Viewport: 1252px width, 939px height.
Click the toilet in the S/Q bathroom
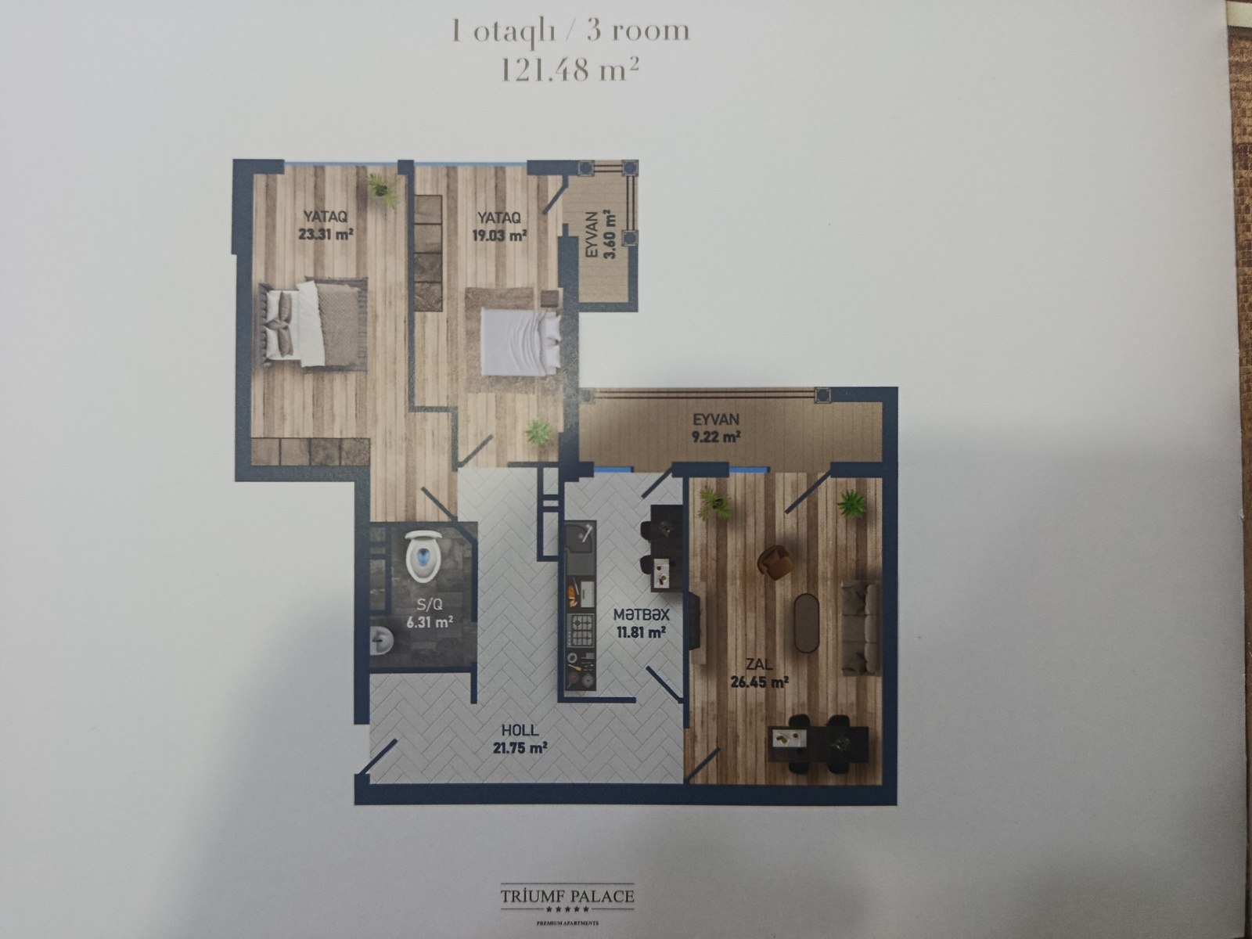click(423, 556)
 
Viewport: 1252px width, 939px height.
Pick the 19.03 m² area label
click(500, 235)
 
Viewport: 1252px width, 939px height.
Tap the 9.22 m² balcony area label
click(716, 437)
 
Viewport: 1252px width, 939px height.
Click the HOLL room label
click(520, 730)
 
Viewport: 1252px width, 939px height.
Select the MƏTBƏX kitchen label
click(641, 614)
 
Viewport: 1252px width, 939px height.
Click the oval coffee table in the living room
click(805, 623)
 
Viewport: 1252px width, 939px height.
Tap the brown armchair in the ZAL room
click(775, 562)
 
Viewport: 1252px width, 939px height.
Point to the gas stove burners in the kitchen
click(582, 631)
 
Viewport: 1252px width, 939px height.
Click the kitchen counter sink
click(581, 534)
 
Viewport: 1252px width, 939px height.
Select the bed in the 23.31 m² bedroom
click(311, 325)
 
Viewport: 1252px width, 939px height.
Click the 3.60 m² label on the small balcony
click(610, 234)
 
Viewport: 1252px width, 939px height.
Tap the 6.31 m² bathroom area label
click(430, 622)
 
